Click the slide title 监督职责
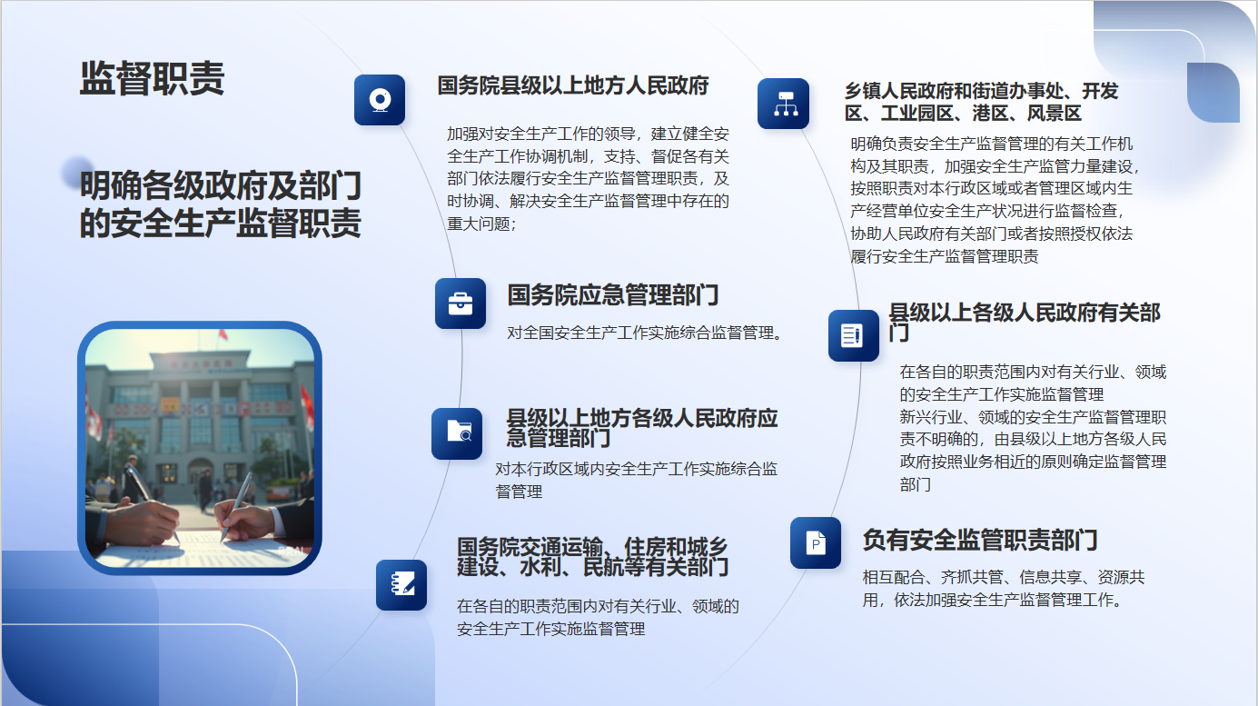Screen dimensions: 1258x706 153,78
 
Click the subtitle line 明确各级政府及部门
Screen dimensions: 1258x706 220,185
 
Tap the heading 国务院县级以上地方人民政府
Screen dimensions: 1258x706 573,86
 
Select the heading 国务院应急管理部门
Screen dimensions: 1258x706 613,295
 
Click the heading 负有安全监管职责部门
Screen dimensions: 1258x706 980,540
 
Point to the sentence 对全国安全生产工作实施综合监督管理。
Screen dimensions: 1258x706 644,333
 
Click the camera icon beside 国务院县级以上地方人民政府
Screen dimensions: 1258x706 380,100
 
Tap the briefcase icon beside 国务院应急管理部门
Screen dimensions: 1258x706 461,303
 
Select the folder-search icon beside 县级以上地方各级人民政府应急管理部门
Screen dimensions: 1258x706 457,433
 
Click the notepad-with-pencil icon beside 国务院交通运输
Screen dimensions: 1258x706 401,584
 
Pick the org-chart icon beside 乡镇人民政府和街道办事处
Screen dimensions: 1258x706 784,104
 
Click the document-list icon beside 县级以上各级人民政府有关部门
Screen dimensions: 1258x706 854,335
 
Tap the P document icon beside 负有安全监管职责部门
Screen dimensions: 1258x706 816,542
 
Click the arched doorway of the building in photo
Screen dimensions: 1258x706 201,472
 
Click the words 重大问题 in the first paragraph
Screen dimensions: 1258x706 479,224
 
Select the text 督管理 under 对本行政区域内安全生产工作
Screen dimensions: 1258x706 519,492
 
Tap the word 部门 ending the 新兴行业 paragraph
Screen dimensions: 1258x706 916,484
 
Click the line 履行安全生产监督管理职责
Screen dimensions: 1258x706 945,256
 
